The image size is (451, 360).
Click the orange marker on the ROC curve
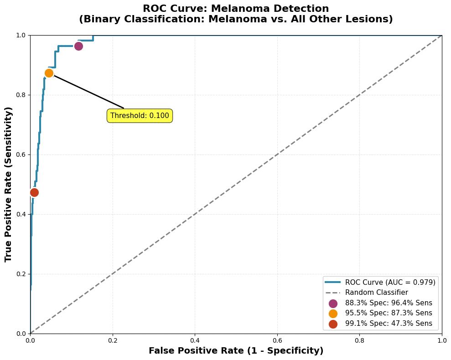tap(49, 73)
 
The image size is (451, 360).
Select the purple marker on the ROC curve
tap(78, 46)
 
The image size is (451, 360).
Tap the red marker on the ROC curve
tap(34, 192)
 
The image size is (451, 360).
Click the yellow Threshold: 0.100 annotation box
tap(140, 116)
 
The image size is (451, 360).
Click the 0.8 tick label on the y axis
tap(21, 95)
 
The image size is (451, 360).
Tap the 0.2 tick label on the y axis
tap(21, 274)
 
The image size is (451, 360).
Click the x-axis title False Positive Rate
tap(236, 351)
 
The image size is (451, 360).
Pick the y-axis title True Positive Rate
tap(9, 184)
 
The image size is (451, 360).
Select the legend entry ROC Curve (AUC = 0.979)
tap(390, 283)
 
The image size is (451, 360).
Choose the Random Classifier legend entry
tap(376, 293)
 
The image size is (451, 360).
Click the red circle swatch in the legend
tap(333, 324)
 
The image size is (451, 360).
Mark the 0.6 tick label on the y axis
tap(21, 154)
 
